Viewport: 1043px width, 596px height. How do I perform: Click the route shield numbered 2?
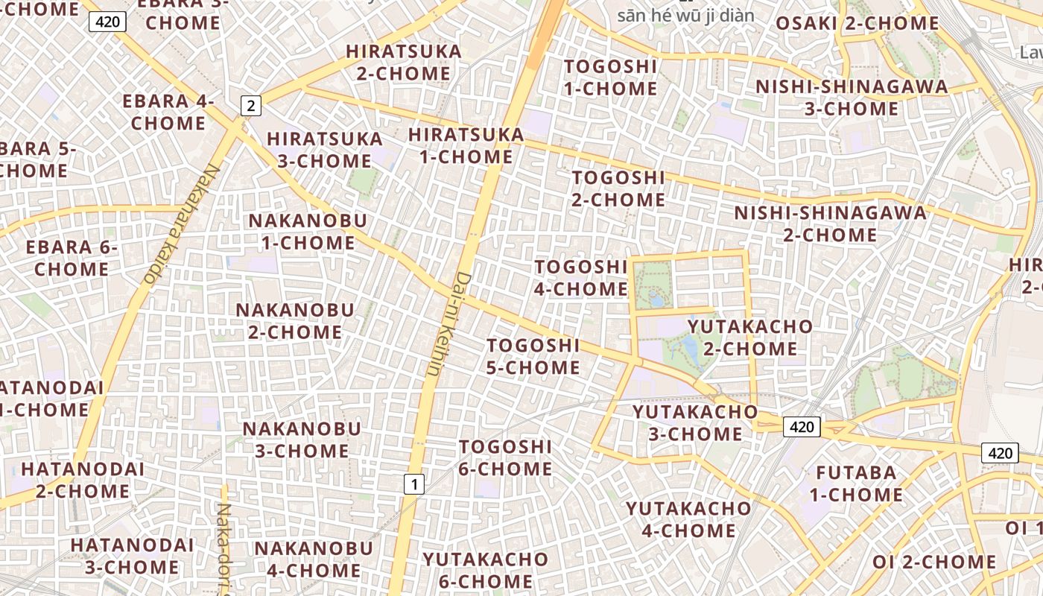[x=251, y=106]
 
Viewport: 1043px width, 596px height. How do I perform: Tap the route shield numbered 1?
[x=413, y=484]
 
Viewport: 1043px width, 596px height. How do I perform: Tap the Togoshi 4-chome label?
[x=581, y=278]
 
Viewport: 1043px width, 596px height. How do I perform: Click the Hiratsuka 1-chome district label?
[x=466, y=145]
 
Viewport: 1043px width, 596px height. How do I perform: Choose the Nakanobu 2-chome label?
[x=295, y=321]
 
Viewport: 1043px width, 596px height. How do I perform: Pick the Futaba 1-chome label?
[x=856, y=484]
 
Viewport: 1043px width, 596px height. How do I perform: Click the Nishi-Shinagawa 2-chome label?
[x=830, y=223]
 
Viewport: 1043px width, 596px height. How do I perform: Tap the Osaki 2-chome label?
[x=857, y=23]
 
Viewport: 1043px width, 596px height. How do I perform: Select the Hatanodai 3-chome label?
[x=132, y=556]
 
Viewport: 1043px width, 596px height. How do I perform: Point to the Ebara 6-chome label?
[x=72, y=258]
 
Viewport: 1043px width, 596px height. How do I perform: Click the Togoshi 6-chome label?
[x=505, y=457]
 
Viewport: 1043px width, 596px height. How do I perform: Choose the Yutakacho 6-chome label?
[x=485, y=570]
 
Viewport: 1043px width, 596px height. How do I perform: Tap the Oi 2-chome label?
[x=934, y=562]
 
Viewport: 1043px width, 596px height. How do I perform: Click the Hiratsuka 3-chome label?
[x=324, y=150]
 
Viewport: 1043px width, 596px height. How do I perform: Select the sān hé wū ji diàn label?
[x=685, y=15]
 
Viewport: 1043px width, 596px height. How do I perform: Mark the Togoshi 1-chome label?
[x=610, y=77]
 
